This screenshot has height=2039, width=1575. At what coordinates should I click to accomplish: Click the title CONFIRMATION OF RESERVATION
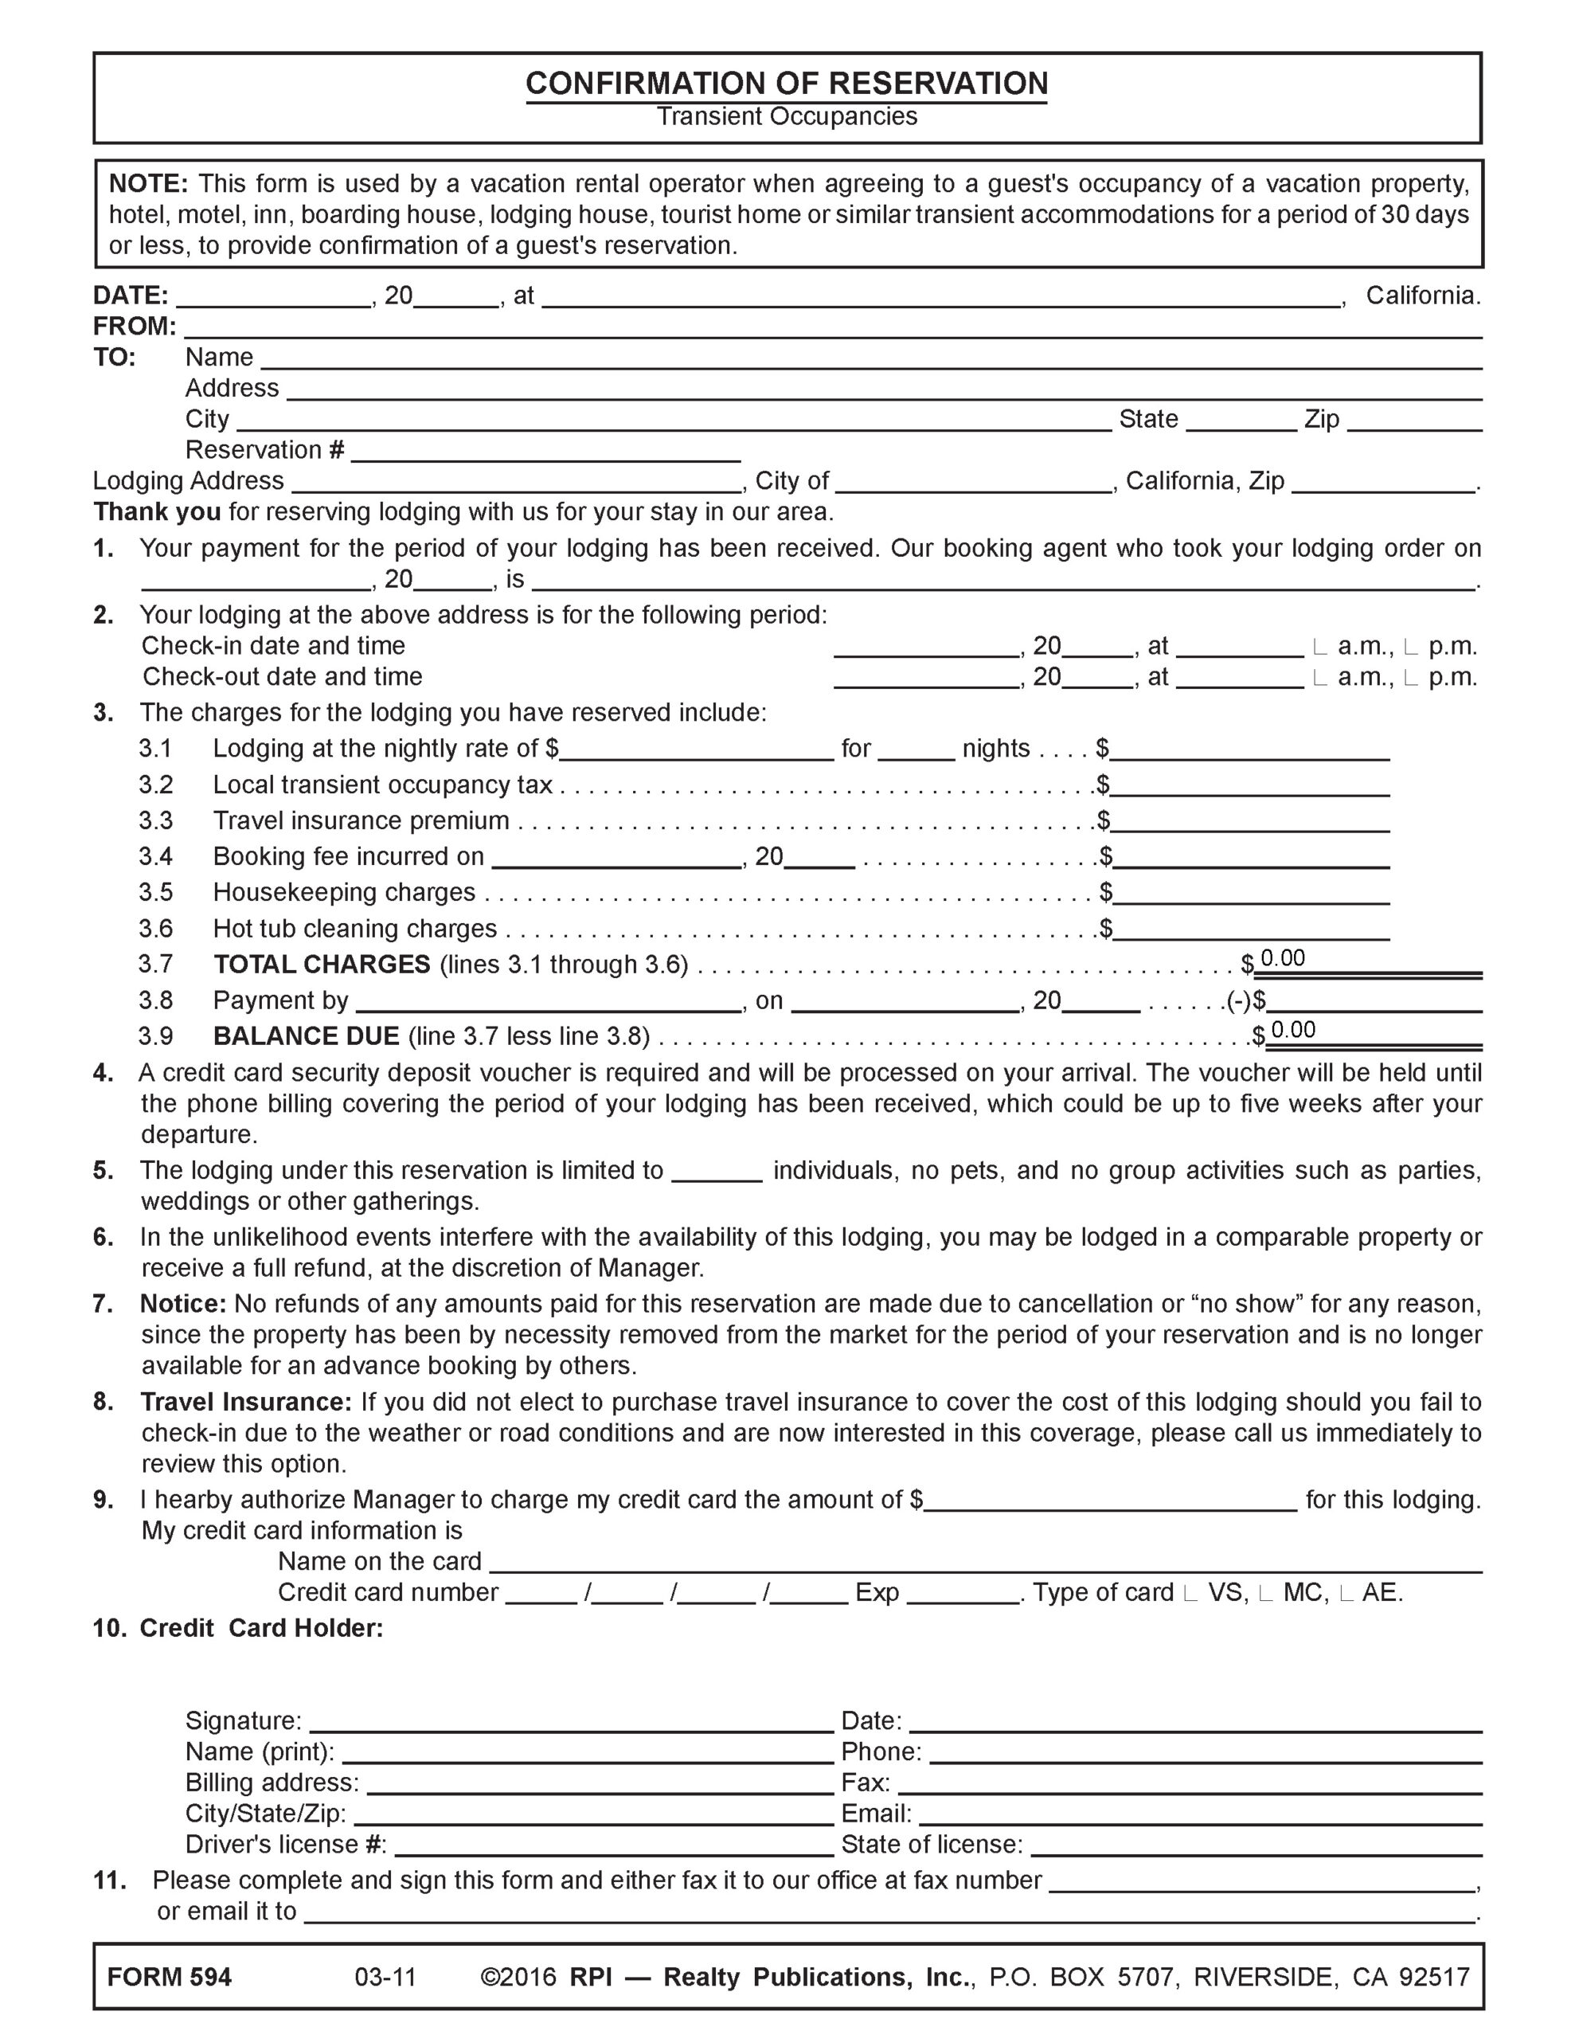coord(786,83)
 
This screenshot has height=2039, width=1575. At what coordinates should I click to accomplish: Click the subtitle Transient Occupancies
coord(786,117)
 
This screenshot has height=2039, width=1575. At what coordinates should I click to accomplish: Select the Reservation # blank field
coord(546,451)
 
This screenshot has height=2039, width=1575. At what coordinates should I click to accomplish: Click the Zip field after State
coord(1414,420)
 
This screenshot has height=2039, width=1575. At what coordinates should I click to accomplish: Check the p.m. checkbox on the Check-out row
coord(1411,677)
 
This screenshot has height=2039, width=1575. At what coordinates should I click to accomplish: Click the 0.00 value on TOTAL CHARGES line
coord(1283,959)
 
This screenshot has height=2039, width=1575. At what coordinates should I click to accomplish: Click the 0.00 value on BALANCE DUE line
coord(1293,1030)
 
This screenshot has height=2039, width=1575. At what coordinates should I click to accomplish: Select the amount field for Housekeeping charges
coord(1251,894)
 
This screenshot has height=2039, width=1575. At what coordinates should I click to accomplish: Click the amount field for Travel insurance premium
coord(1251,822)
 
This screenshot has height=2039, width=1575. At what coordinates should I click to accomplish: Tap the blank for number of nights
coord(916,749)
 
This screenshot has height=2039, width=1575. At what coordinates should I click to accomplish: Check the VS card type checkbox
coord(1190,1594)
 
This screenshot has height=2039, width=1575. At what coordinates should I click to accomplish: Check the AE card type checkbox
coord(1346,1594)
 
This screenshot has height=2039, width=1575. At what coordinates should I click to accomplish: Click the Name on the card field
coord(985,1562)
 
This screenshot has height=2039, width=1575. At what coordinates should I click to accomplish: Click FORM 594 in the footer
coord(169,1978)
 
